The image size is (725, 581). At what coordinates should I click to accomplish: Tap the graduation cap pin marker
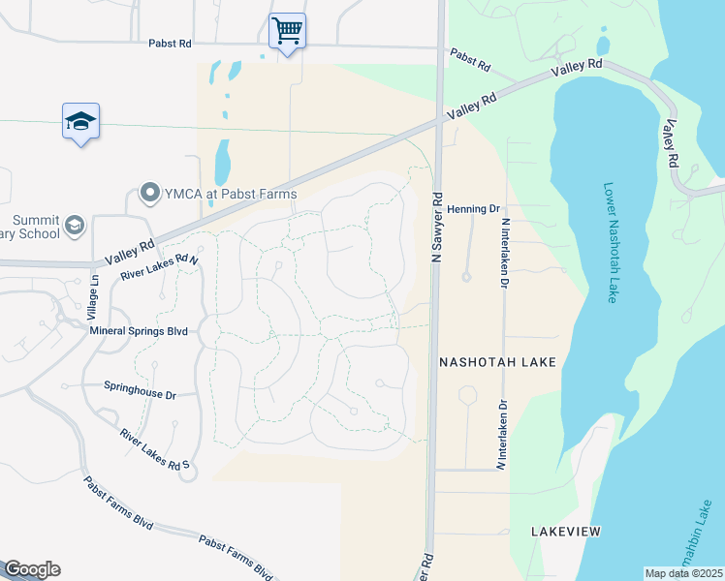(80, 121)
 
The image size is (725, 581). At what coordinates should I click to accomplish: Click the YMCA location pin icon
(149, 194)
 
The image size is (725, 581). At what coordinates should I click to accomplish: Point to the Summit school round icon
(74, 227)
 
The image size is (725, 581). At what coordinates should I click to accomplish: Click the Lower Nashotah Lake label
(610, 243)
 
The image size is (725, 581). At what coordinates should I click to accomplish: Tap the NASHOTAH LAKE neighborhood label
(497, 362)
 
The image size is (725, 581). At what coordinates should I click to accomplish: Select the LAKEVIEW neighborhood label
(566, 532)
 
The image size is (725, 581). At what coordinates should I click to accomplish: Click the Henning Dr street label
(480, 208)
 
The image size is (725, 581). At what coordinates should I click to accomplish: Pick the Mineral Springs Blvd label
(138, 330)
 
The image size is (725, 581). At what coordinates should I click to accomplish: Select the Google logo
(32, 569)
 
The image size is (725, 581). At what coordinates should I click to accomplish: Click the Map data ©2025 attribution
(683, 573)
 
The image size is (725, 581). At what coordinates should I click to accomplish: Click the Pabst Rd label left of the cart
(171, 44)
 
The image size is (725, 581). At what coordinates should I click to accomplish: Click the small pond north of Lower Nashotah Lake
(603, 45)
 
